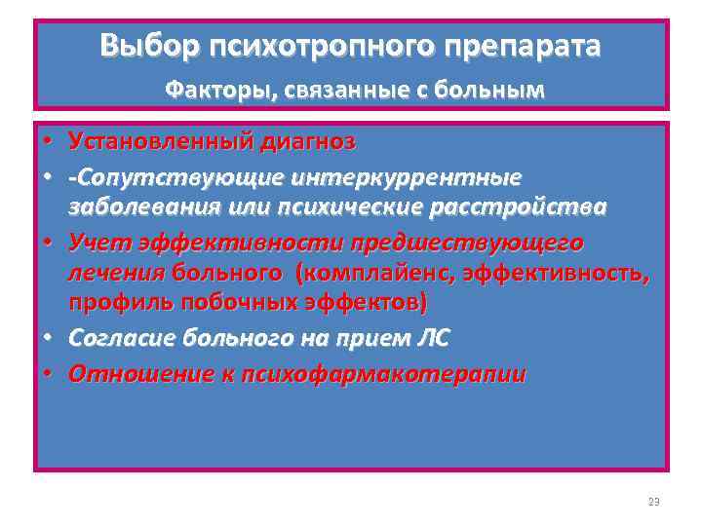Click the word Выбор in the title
coord(140,46)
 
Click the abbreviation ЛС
coord(431,338)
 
